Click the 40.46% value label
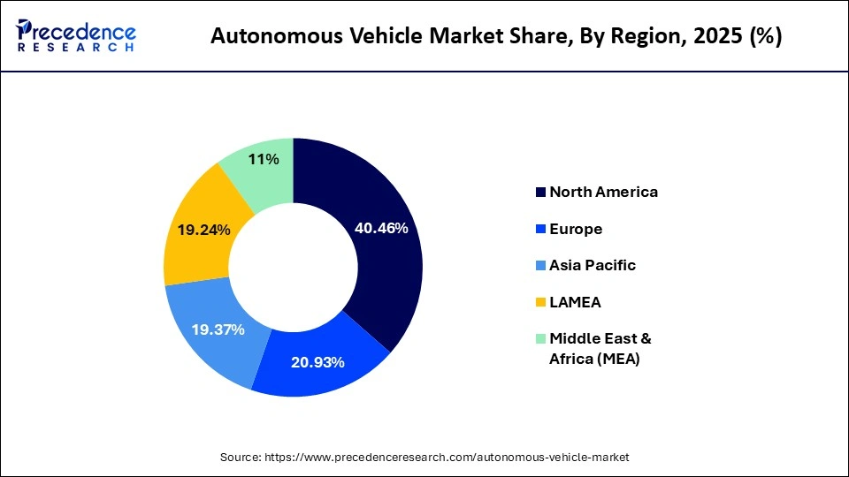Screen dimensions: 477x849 (381, 228)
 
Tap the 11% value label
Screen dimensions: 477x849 (264, 159)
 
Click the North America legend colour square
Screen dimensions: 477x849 (539, 192)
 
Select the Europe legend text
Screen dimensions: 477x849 (576, 229)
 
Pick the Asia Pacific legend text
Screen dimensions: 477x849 (593, 265)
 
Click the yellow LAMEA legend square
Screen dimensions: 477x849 (539, 302)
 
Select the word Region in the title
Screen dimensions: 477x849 (640, 38)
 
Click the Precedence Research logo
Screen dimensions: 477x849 (76, 35)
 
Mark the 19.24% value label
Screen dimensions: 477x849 (204, 230)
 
